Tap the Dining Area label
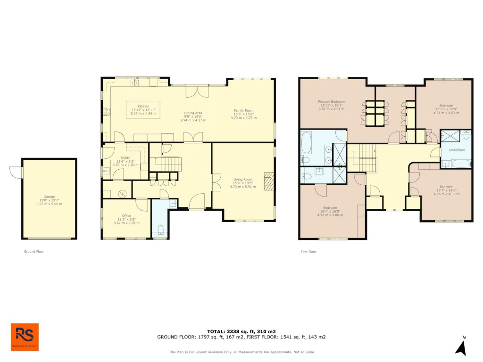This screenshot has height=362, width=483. point(193,116)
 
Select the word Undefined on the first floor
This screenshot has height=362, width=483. point(456,150)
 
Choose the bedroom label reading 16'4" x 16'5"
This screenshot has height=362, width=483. point(330,211)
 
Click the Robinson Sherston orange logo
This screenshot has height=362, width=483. point(25,337)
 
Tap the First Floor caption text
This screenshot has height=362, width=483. point(308,252)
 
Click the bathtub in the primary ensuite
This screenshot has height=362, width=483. point(306,143)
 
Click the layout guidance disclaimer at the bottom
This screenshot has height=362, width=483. point(241,352)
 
